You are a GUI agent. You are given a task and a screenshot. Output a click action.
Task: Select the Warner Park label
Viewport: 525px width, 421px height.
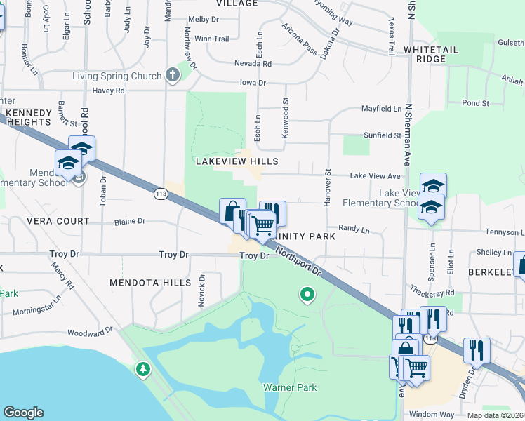pyautogui.click(x=290, y=387)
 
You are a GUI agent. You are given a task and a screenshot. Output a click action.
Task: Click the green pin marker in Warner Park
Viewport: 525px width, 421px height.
pyautogui.click(x=306, y=295)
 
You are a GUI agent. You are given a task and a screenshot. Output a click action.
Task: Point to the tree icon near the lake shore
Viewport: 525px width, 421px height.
pyautogui.click(x=143, y=368)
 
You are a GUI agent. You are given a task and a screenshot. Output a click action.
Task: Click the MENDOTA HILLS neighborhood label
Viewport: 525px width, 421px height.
pyautogui.click(x=150, y=283)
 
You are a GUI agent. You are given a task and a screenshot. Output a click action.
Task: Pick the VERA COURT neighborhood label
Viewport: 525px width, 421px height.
pyautogui.click(x=58, y=221)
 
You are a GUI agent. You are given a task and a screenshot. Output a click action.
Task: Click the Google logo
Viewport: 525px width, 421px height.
pyautogui.click(x=23, y=413)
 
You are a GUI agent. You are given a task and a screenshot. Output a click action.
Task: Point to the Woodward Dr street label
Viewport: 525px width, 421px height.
pyautogui.click(x=91, y=332)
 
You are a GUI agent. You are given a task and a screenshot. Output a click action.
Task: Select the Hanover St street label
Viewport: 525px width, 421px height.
pyautogui.click(x=328, y=187)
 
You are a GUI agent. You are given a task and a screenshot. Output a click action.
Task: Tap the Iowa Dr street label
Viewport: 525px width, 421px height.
pyautogui.click(x=253, y=83)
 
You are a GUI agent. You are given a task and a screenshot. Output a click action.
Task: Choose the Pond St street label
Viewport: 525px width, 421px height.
pyautogui.click(x=475, y=103)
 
